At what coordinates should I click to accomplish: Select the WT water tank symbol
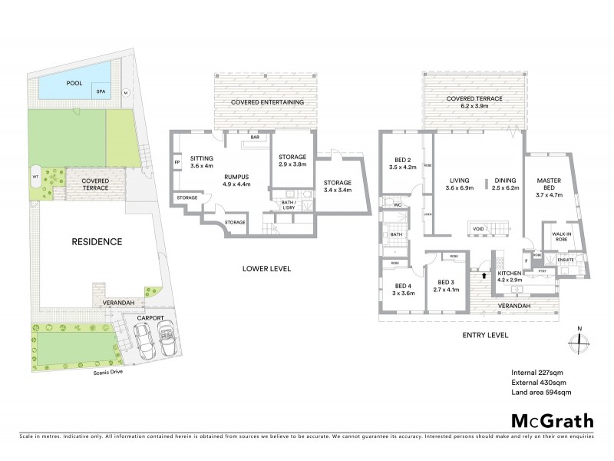tap(35, 176)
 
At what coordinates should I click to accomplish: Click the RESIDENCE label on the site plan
tap(97, 241)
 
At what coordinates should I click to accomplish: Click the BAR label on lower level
tap(253, 138)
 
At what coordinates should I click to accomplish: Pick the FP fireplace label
tap(177, 162)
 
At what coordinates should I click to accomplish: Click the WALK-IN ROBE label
tap(559, 234)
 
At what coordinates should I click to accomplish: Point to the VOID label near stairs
tap(478, 228)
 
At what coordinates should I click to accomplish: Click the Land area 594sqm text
tap(541, 392)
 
